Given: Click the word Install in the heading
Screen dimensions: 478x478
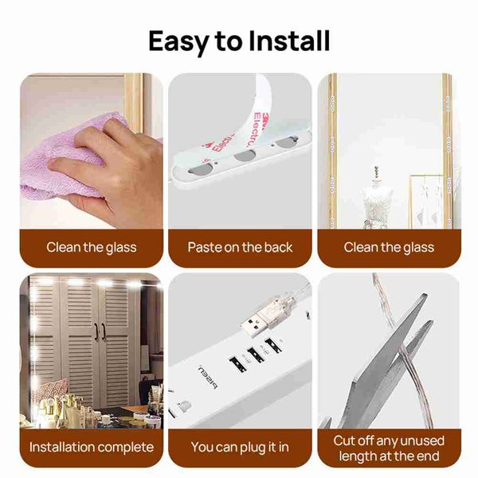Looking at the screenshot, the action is tap(289, 41).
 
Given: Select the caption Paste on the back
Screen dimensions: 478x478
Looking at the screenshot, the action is tap(240, 247).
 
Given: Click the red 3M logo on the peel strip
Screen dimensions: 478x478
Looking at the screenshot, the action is tap(264, 117).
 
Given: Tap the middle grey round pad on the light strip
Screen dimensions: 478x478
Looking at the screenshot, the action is tap(243, 156).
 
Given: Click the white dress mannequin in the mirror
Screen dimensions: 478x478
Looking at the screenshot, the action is tap(377, 198).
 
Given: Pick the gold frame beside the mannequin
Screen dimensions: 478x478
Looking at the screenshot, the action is tap(427, 202).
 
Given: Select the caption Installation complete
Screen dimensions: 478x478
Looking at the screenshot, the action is tap(92, 447).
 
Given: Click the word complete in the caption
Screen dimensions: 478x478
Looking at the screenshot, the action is tap(126, 448).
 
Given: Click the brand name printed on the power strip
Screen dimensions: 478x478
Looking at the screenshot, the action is tap(208, 378).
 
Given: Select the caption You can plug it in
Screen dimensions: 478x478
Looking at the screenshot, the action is tap(240, 448).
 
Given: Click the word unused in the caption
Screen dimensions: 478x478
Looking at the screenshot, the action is tap(422, 441).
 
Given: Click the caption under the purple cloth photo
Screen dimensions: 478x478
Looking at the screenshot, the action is tap(92, 247).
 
